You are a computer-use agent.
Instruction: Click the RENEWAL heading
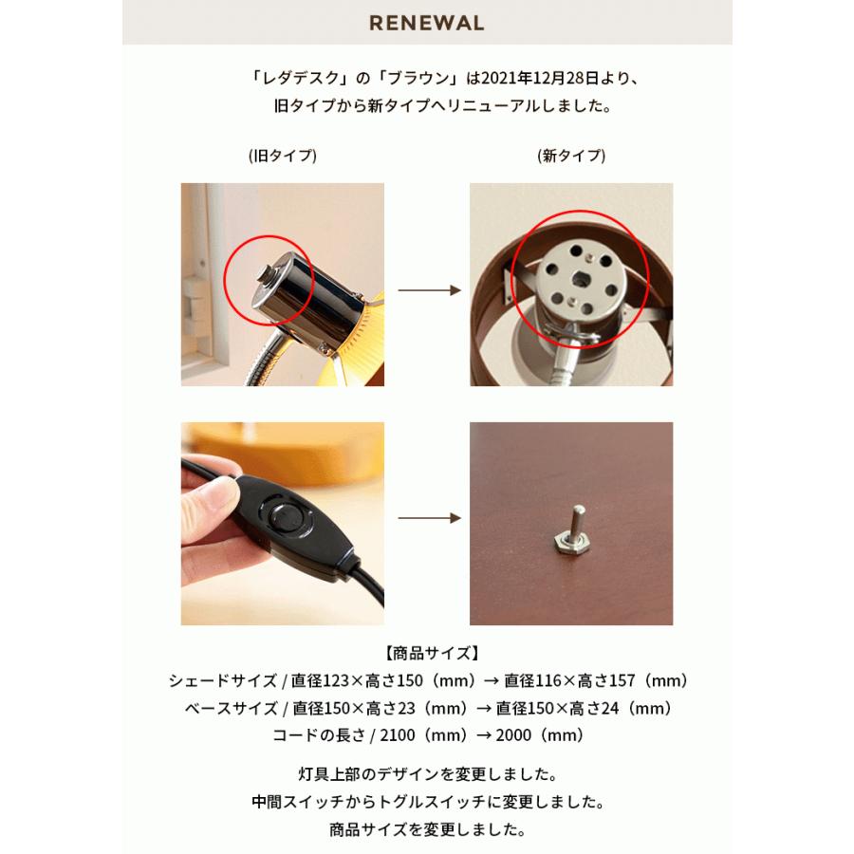pyautogui.click(x=427, y=22)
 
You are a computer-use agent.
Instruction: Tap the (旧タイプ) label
pyautogui.click(x=282, y=155)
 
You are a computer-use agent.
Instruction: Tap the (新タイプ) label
pyautogui.click(x=570, y=155)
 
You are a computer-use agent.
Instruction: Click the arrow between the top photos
pyautogui.click(x=427, y=288)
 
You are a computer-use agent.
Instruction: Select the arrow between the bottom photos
pyautogui.click(x=427, y=519)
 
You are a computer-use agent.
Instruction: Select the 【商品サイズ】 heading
pyautogui.click(x=427, y=654)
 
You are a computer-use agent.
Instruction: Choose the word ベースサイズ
pyautogui.click(x=224, y=709)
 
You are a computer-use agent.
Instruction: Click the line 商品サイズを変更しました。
pyautogui.click(x=427, y=830)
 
